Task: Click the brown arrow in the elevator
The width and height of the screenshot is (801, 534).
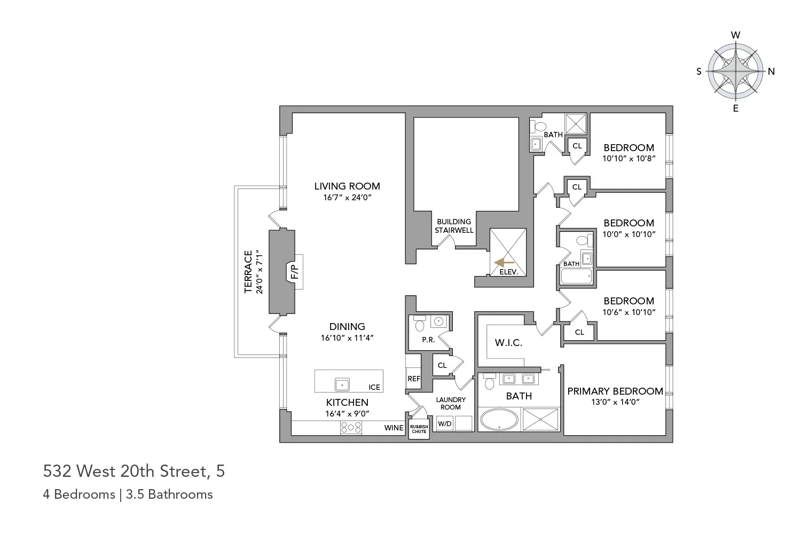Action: coord(505,262)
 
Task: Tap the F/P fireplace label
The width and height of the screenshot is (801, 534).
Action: coord(294,272)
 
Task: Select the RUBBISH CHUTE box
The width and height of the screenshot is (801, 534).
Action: coord(419,429)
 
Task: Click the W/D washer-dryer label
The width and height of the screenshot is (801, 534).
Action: coord(444,424)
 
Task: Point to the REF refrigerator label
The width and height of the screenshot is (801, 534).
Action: coord(414,379)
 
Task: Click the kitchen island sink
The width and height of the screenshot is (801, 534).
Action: coord(342,384)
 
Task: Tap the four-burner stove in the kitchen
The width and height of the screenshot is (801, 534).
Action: coord(351,428)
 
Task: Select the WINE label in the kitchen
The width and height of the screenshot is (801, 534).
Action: coord(394,428)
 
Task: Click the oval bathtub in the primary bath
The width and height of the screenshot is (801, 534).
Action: coord(499,420)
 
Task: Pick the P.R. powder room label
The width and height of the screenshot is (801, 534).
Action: coord(428,340)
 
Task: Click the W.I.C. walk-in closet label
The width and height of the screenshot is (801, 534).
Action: coord(508,342)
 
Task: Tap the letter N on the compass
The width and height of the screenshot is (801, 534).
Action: coord(771,72)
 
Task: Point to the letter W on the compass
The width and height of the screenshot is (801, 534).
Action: coord(735,35)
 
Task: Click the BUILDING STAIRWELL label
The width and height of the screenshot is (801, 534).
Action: coord(454,226)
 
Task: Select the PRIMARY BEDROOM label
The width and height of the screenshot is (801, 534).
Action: coord(615,391)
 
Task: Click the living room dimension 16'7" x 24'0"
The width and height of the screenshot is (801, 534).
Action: coord(347,198)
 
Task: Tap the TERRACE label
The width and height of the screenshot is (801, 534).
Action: coord(248,271)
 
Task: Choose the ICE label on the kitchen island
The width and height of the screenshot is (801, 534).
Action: coord(374,387)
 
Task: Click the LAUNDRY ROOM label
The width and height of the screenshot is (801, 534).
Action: coord(451,403)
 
